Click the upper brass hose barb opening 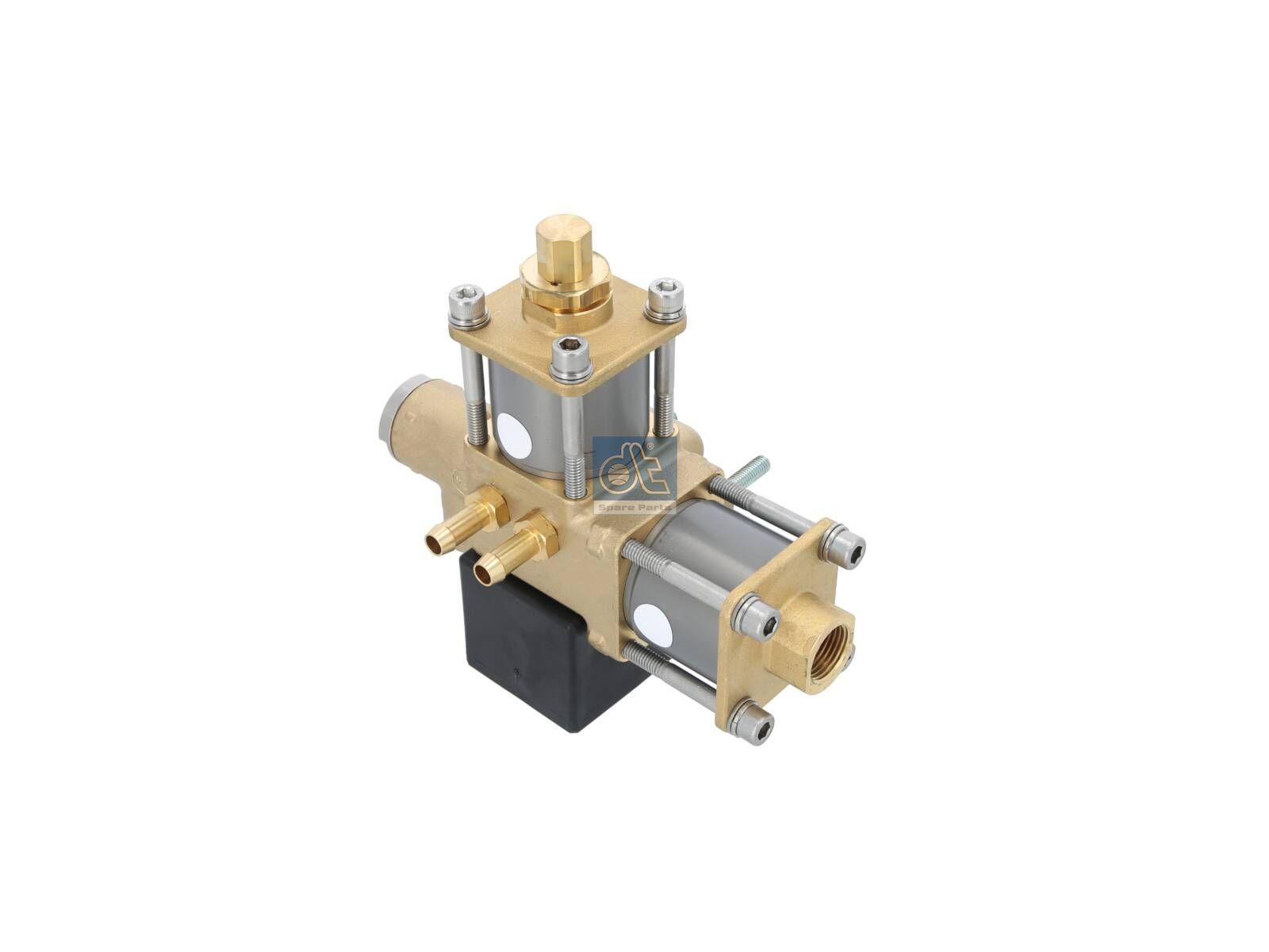click(434, 542)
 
